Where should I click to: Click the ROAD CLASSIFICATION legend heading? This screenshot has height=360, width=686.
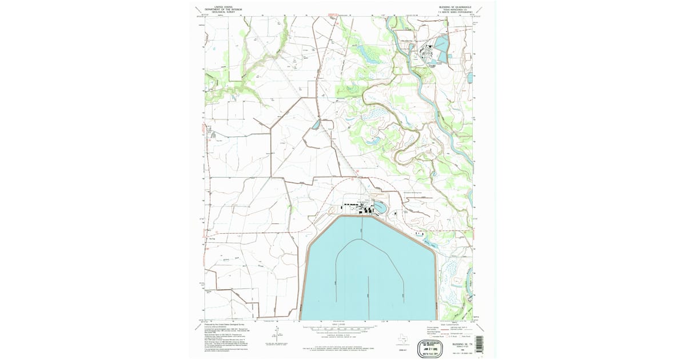(x=446, y=324)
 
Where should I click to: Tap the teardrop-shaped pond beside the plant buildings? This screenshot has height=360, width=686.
(x=379, y=206)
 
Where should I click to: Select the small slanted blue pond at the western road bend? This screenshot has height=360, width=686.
(x=316, y=124)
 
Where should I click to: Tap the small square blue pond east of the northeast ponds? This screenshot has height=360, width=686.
(x=470, y=76)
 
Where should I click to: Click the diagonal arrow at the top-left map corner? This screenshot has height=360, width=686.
(x=198, y=10)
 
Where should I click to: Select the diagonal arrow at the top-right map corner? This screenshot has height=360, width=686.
(x=478, y=10)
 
